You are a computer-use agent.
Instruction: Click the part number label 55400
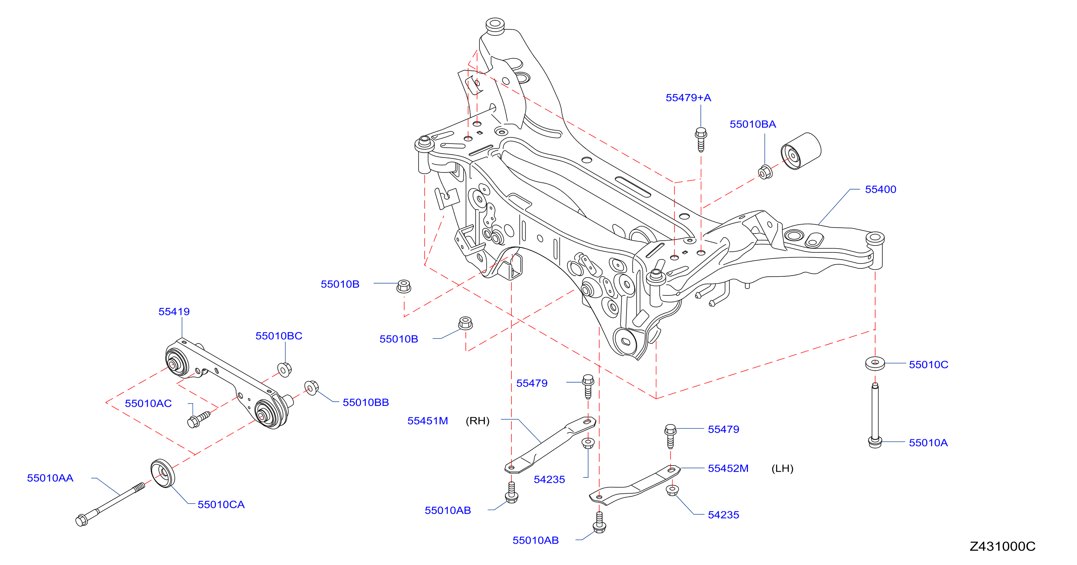880,189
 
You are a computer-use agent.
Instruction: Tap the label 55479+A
688,98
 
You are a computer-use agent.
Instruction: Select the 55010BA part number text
753,124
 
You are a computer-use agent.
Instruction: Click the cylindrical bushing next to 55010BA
801,151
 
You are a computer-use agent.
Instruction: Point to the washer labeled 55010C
875,363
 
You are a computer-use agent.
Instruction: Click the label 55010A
928,443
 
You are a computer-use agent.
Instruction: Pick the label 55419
174,312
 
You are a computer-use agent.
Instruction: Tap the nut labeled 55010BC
284,370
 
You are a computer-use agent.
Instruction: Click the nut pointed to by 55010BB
312,388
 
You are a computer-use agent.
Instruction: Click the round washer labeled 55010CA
163,473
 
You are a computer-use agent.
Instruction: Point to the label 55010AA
50,478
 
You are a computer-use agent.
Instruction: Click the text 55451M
428,421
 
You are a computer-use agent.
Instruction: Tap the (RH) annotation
478,421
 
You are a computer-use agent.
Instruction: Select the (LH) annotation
782,468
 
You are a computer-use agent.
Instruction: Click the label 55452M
728,468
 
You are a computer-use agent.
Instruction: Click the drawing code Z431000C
1002,547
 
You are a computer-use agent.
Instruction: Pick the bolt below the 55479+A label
701,140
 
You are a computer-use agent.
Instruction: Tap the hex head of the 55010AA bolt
81,520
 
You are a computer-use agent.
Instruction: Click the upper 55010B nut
403,286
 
